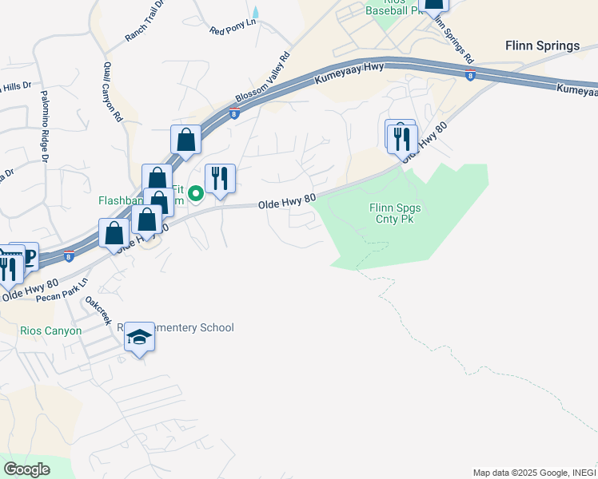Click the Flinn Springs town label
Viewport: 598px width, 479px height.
[x=542, y=46]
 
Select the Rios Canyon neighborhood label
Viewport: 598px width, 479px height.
[x=51, y=331]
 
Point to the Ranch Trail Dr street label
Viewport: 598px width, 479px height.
[x=144, y=22]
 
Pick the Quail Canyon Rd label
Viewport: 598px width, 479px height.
[x=113, y=93]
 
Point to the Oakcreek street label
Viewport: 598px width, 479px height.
[x=98, y=311]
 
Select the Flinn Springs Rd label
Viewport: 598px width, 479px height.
[x=452, y=40]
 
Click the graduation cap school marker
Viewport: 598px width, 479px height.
[x=139, y=338]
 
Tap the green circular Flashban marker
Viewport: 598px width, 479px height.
[x=194, y=192]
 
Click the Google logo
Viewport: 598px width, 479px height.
[x=26, y=469]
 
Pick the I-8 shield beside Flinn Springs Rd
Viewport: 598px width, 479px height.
[x=470, y=75]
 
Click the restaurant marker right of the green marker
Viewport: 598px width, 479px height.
[x=220, y=179]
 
